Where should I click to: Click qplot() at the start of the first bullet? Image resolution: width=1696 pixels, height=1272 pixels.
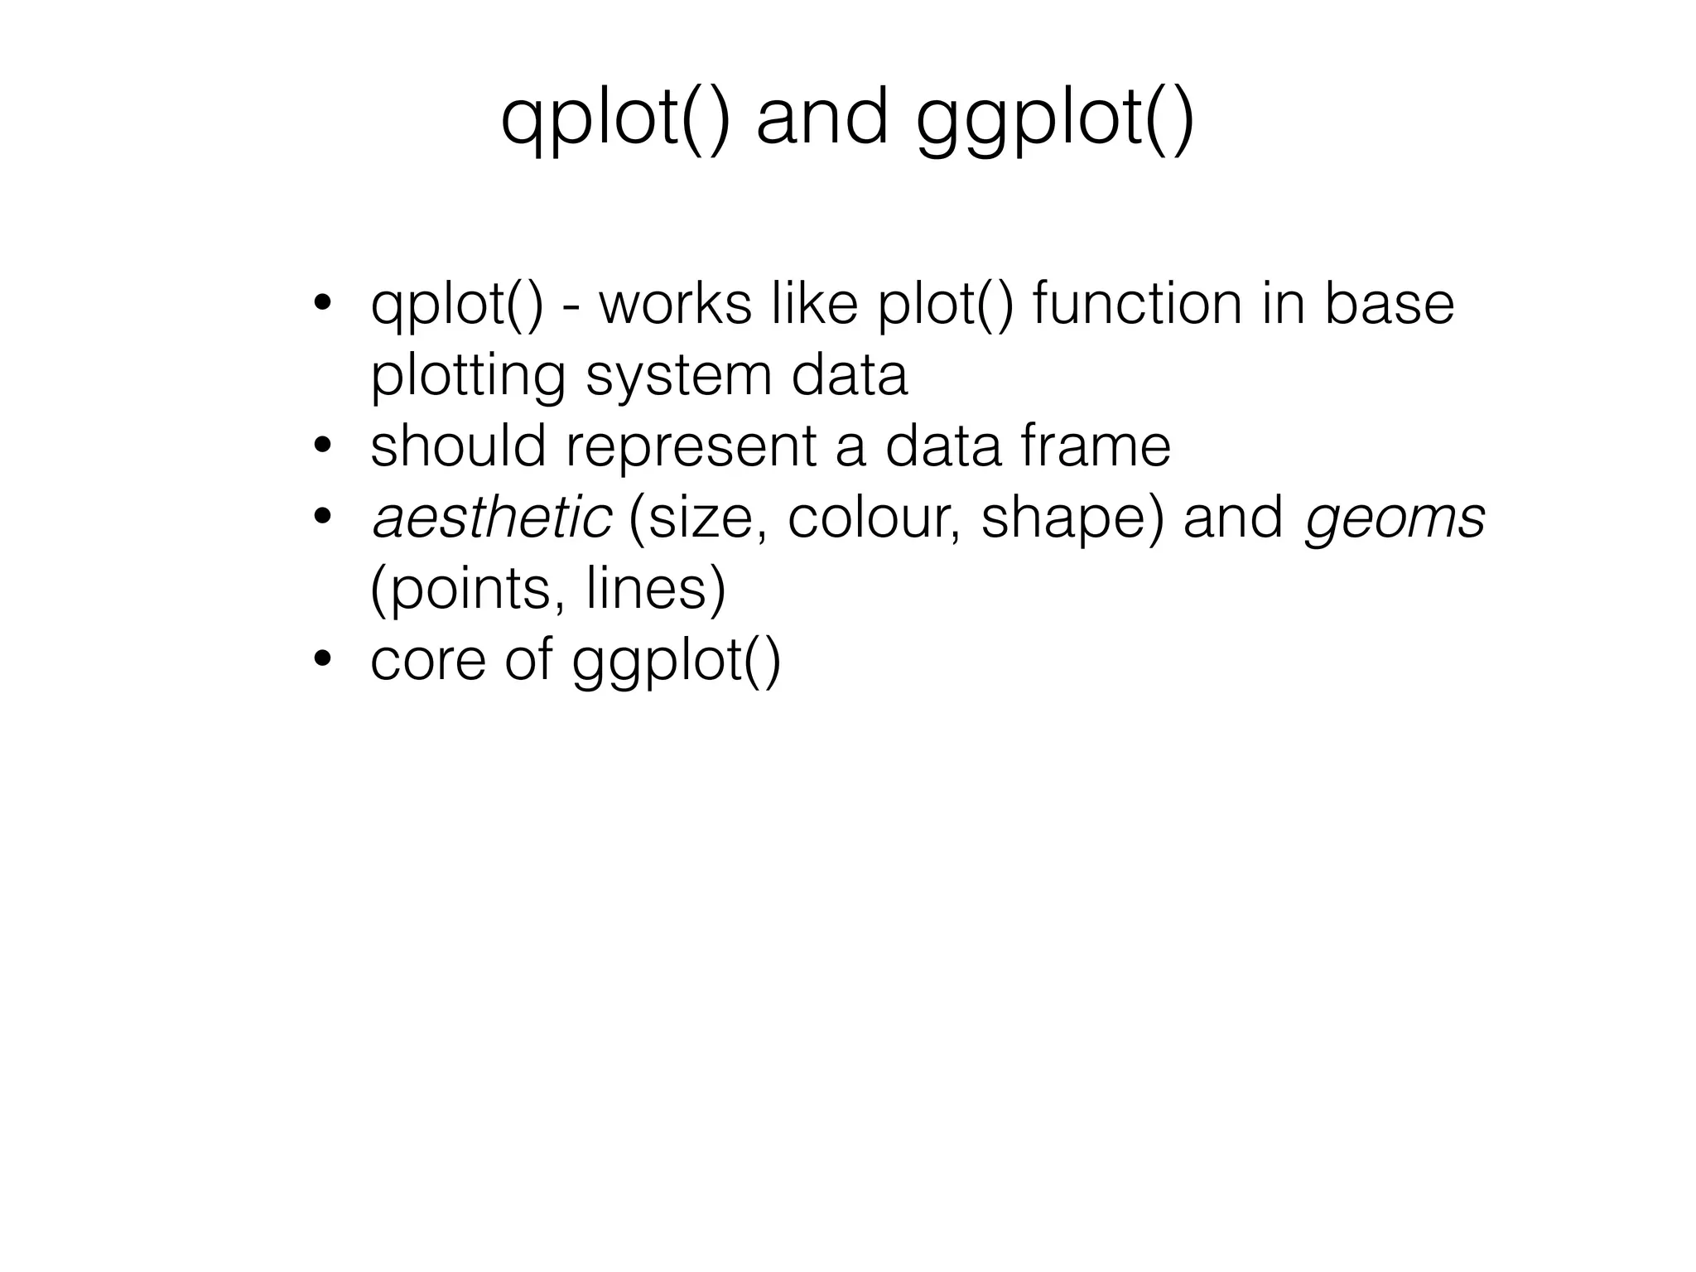pyautogui.click(x=457, y=305)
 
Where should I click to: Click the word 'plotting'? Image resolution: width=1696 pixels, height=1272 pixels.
pyautogui.click(x=468, y=377)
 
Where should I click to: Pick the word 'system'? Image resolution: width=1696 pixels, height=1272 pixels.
pyautogui.click(x=678, y=377)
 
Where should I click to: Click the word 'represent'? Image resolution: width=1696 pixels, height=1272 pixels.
pyautogui.click(x=691, y=448)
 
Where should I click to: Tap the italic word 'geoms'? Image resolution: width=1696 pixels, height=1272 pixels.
pyautogui.click(x=1395, y=519)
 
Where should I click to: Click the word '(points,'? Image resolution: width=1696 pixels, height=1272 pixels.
pyautogui.click(x=468, y=590)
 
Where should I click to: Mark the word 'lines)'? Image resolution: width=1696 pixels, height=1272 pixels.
pyautogui.click(x=655, y=590)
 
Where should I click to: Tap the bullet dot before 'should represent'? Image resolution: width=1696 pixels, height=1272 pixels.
pyautogui.click(x=322, y=447)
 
